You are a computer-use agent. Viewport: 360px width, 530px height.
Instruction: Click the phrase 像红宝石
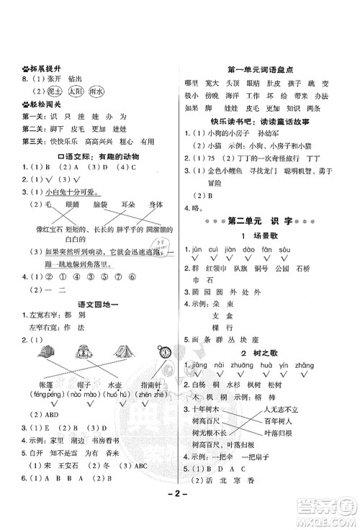(47, 228)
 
